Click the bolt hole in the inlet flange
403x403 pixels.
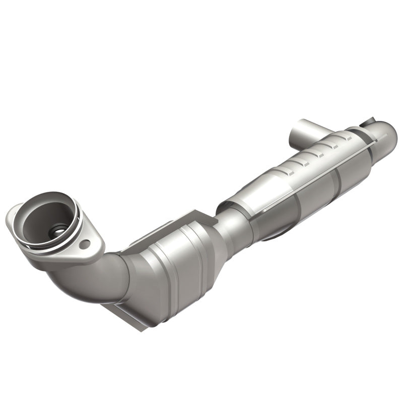(85, 244)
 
